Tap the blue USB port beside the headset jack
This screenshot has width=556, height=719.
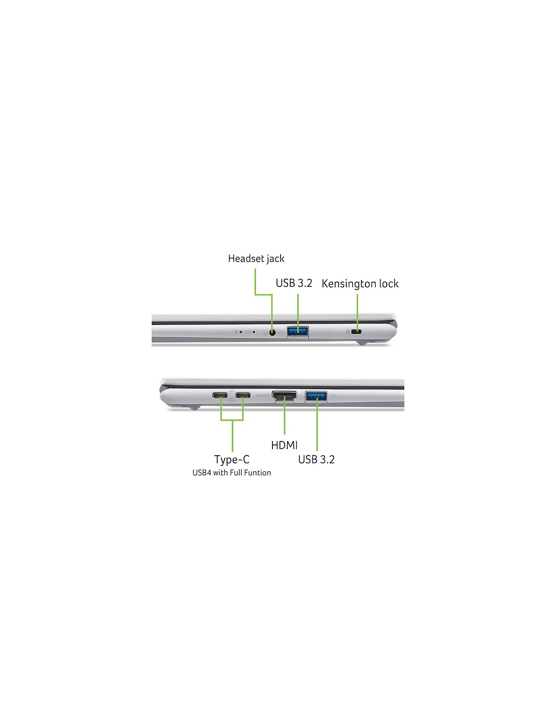click(298, 331)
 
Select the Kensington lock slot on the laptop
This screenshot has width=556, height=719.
click(356, 332)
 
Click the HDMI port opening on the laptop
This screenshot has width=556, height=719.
click(284, 396)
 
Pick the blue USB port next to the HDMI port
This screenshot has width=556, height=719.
click(316, 396)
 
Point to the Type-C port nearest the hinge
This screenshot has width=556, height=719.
click(220, 395)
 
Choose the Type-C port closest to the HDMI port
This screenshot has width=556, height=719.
click(243, 395)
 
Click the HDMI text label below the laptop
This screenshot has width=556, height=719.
click(284, 445)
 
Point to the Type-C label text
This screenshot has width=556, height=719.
click(232, 460)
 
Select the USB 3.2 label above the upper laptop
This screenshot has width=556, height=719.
click(294, 283)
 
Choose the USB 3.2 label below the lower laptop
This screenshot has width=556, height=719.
click(316, 460)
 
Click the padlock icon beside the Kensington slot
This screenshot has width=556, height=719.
click(348, 332)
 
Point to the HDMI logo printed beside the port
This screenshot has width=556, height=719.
click(263, 396)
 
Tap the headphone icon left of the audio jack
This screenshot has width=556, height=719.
click(264, 332)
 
